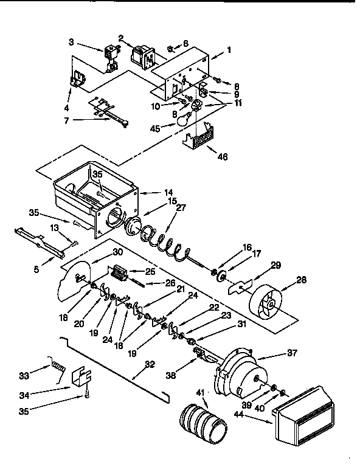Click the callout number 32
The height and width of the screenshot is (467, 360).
coord(150,365)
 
